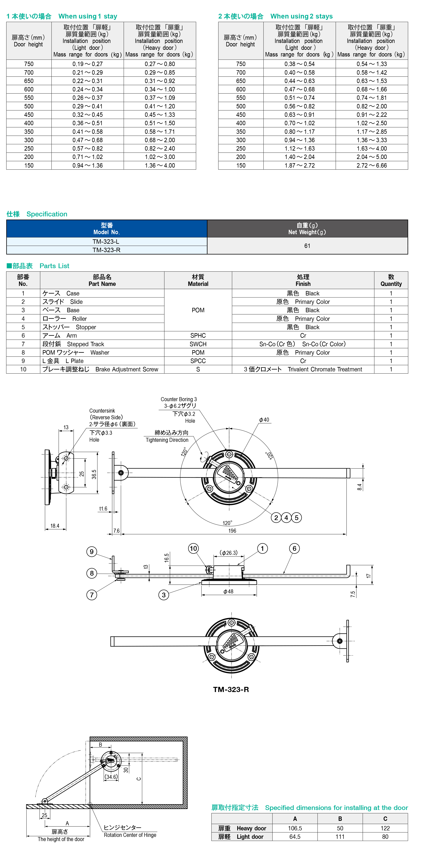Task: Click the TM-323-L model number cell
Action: pyautogui.click(x=106, y=241)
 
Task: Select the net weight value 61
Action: pyautogui.click(x=307, y=246)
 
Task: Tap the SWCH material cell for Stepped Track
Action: pyautogui.click(x=198, y=344)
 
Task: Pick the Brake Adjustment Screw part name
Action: pyautogui.click(x=127, y=369)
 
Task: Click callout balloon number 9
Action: pyautogui.click(x=92, y=551)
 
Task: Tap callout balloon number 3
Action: pyautogui.click(x=163, y=595)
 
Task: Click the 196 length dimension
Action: pyautogui.click(x=232, y=531)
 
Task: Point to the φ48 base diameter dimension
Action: pyautogui.click(x=228, y=591)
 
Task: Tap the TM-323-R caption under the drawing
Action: pyautogui.click(x=231, y=690)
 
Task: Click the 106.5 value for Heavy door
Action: pyautogui.click(x=295, y=828)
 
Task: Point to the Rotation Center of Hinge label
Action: pyautogui.click(x=130, y=835)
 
